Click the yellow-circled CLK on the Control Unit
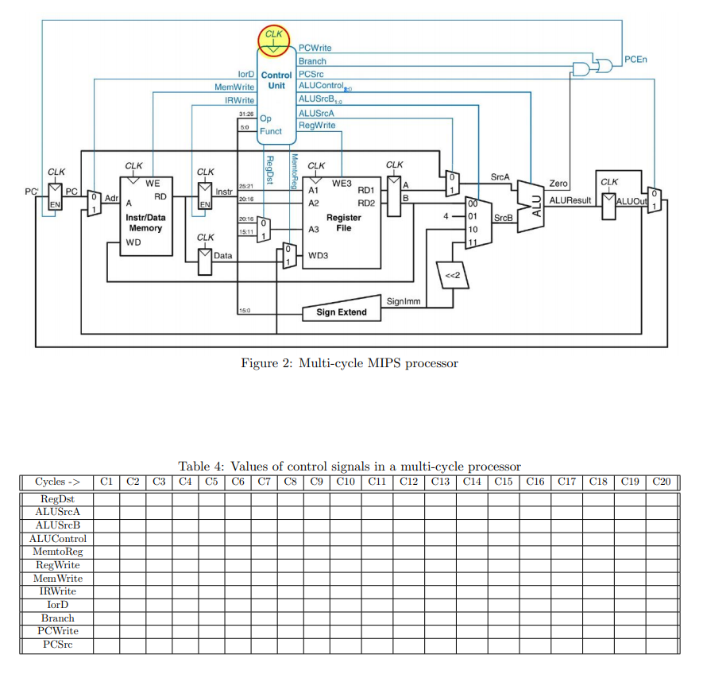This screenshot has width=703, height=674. pyautogui.click(x=273, y=40)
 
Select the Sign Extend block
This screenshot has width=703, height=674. pyautogui.click(x=342, y=312)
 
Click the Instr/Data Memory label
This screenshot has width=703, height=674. pyautogui.click(x=145, y=223)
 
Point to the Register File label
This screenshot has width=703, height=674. pyautogui.click(x=343, y=223)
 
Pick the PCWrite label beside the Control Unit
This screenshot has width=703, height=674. pyautogui.click(x=315, y=48)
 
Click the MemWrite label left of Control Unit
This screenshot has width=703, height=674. pyautogui.click(x=234, y=87)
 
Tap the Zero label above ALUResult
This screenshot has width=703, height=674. pyautogui.click(x=558, y=184)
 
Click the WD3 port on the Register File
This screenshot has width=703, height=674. pyautogui.click(x=317, y=256)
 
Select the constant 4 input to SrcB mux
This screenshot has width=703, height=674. pyautogui.click(x=447, y=216)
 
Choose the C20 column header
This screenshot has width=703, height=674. pyautogui.click(x=662, y=481)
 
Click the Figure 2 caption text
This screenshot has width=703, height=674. pyautogui.click(x=350, y=363)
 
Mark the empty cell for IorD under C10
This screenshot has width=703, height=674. pyautogui.click(x=345, y=605)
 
